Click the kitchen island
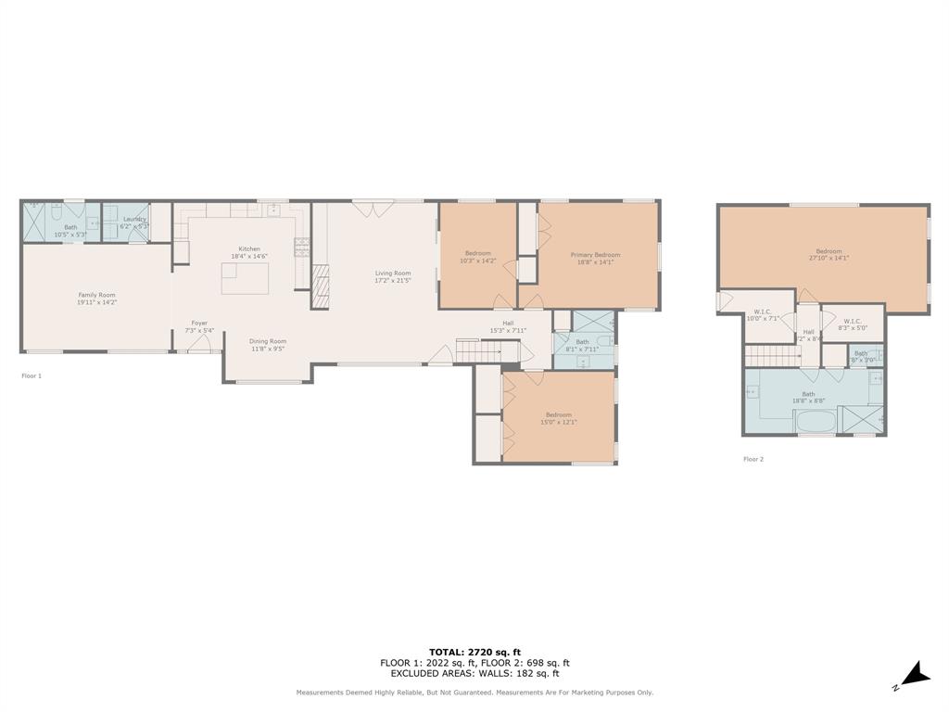(245, 277)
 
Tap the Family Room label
(96, 295)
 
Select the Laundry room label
(134, 220)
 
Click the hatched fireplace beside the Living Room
(320, 286)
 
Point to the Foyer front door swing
(200, 345)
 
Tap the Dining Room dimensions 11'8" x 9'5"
(267, 350)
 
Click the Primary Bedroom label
(595, 255)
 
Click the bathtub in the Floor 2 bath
(815, 422)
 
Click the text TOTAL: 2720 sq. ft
(474, 652)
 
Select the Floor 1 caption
(32, 375)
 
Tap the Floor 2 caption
(753, 459)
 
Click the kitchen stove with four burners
(301, 248)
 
